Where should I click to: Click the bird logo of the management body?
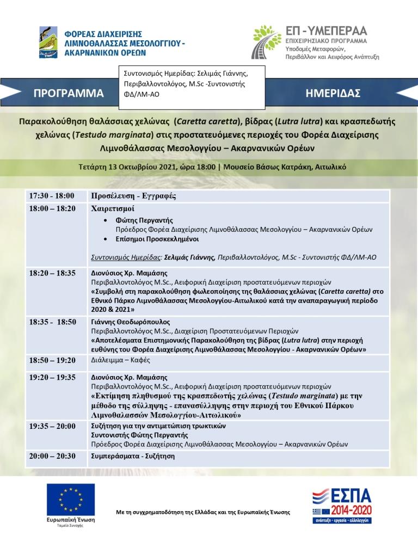[x=48, y=42]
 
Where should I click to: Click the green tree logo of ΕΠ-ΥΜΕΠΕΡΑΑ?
[x=267, y=41]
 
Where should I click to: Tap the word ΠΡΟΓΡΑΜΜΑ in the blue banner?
[x=69, y=93]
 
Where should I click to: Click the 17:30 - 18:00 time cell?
[x=52, y=196]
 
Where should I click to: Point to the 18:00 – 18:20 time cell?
[x=52, y=208]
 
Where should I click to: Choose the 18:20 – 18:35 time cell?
[x=52, y=273]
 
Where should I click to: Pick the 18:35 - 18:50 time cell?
[x=52, y=322]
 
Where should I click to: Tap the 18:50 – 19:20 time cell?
[x=52, y=360]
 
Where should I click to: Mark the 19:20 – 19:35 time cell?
[x=52, y=376]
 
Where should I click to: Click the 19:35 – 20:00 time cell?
[x=52, y=426]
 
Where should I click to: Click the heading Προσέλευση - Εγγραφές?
[x=133, y=196]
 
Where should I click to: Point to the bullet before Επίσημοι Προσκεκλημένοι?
[x=105, y=239]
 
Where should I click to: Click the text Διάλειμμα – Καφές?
[x=120, y=360]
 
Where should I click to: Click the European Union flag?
[x=70, y=500]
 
